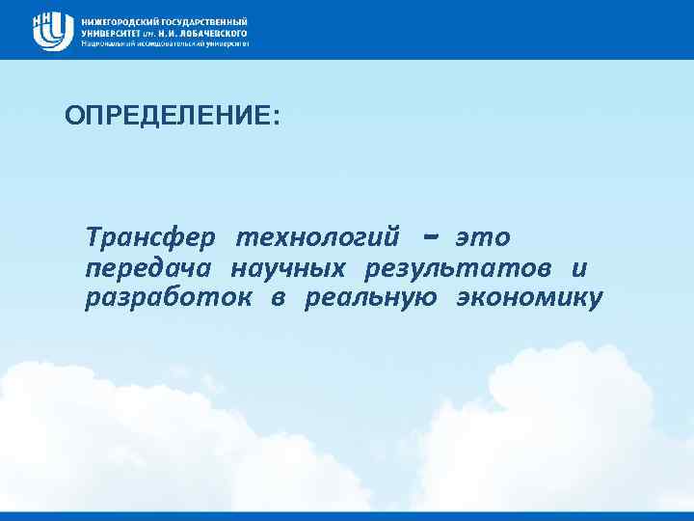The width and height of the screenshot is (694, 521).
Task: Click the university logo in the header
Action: (x=53, y=30)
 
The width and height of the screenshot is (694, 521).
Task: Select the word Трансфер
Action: (x=153, y=236)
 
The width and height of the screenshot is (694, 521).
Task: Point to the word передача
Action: (x=150, y=268)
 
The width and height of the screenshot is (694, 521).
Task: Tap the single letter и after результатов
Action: (x=577, y=268)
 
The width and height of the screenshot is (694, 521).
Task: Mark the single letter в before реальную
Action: (x=278, y=299)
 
